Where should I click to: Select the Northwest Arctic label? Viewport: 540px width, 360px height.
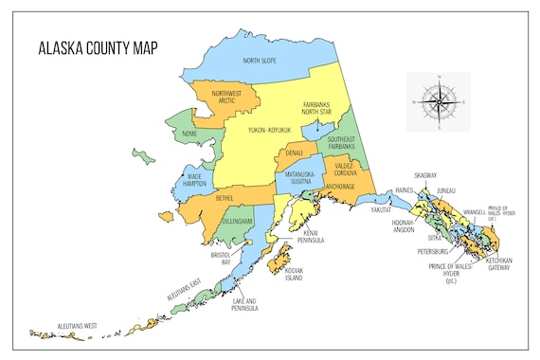click(227, 98)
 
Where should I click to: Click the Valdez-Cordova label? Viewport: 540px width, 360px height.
click(342, 169)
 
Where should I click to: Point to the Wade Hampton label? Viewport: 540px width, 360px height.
click(194, 180)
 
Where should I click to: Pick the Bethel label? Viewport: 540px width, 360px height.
click(225, 198)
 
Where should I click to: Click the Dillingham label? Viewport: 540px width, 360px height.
click(237, 221)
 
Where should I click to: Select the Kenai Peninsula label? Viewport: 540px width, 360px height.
click(314, 237)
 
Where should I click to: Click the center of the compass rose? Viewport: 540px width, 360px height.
click(438, 99)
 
